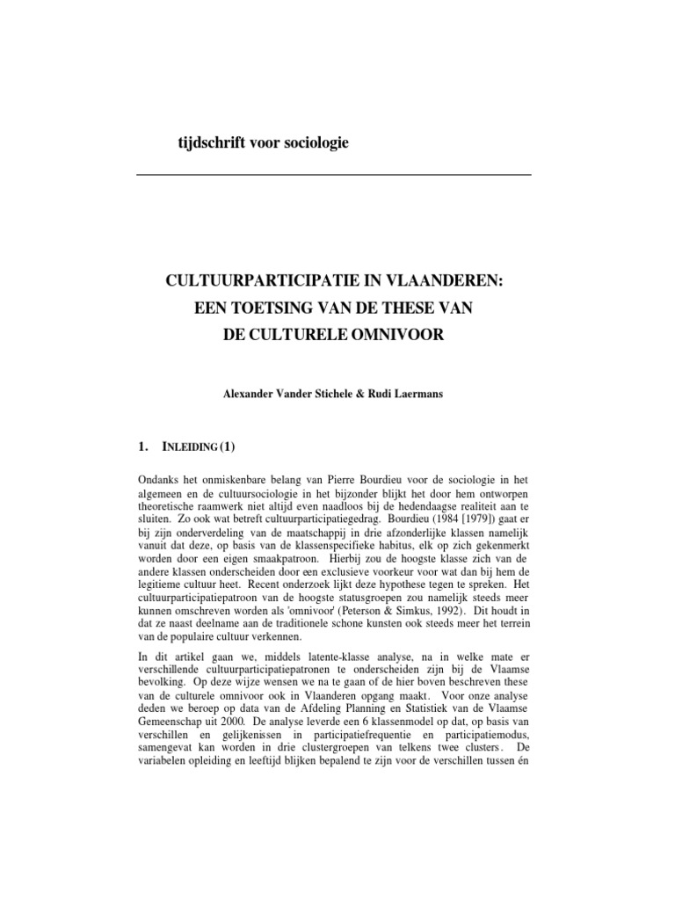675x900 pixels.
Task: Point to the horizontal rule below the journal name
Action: coord(334,175)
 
